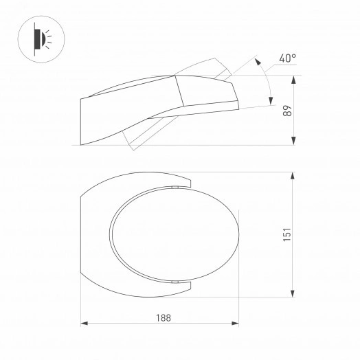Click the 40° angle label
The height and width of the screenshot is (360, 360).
(x=288, y=58)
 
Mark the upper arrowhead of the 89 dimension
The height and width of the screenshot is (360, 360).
(x=294, y=79)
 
